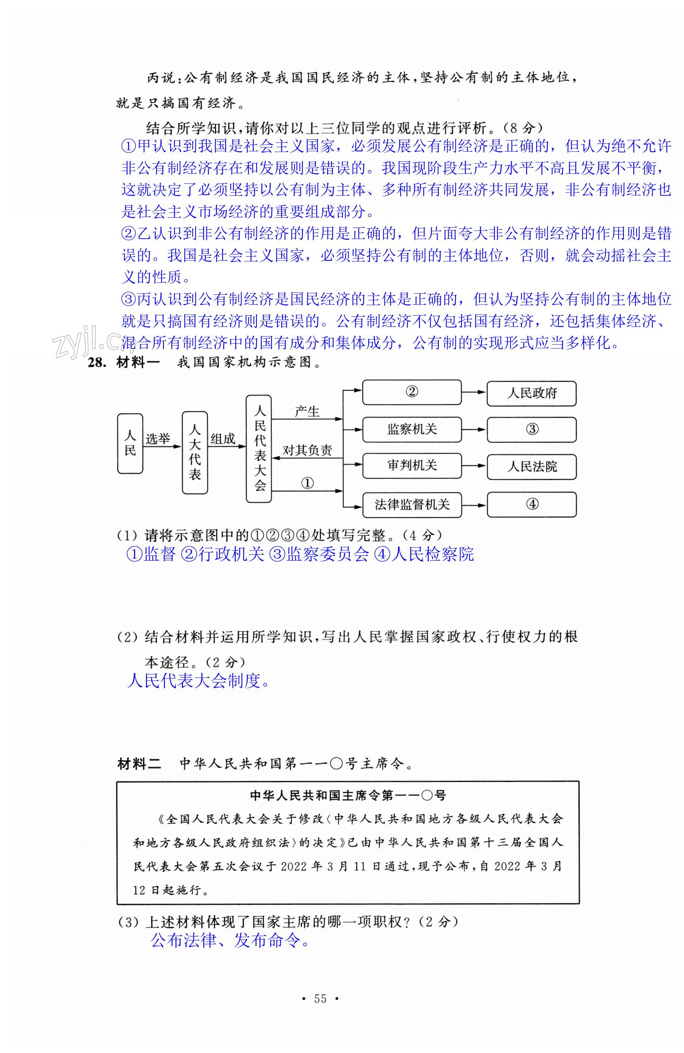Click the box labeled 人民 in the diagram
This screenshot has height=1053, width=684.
[x=130, y=443]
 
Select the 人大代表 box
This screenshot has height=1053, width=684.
[x=195, y=452]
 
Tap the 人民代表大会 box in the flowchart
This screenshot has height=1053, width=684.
[x=259, y=449]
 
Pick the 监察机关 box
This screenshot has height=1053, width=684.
[x=412, y=429]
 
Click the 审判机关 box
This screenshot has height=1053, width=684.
[x=412, y=465]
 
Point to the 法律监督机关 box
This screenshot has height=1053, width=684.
[x=412, y=505]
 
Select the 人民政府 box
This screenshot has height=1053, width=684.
[x=531, y=393]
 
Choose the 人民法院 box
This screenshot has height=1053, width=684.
[x=531, y=467]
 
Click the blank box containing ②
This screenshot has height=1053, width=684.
[x=412, y=392]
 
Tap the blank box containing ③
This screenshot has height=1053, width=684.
[x=531, y=430]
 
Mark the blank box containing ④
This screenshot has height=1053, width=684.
[x=531, y=504]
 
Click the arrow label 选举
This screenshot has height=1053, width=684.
[x=158, y=439]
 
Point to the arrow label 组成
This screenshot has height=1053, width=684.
[x=223, y=439]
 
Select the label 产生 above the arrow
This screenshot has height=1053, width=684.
[x=307, y=412]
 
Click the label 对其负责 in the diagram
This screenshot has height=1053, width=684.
[x=307, y=450]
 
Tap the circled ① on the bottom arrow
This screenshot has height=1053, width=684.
[x=307, y=483]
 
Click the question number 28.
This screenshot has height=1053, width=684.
[x=97, y=362]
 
